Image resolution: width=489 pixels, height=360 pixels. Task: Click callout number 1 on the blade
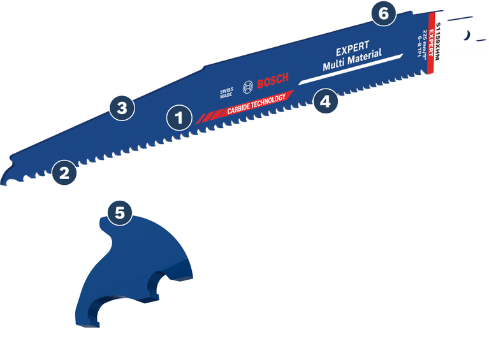click(x=179, y=117)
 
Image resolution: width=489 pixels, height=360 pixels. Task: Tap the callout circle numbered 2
click(x=64, y=172)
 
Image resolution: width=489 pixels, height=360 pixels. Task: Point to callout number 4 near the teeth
click(x=325, y=101)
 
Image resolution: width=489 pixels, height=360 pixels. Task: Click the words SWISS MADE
click(x=228, y=93)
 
